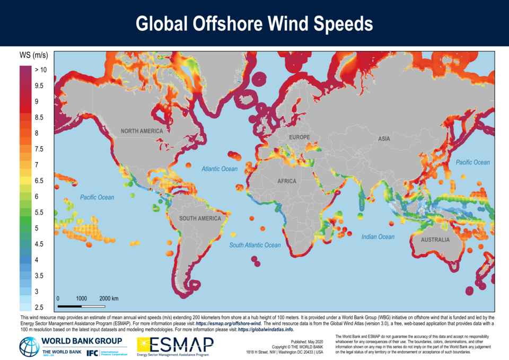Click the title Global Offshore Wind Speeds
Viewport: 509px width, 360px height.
click(254, 24)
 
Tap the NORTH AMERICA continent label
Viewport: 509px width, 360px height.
click(142, 131)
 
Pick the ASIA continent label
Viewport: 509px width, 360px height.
click(384, 138)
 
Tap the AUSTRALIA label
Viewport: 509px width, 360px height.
click(435, 240)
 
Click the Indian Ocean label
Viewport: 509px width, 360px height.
click(378, 236)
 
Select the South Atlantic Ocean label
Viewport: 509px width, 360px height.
click(255, 245)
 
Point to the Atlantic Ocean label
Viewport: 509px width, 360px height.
click(220, 169)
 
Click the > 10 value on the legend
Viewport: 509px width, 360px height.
click(41, 69)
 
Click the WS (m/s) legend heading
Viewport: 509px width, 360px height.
click(33, 55)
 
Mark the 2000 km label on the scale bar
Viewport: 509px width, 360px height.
click(109, 298)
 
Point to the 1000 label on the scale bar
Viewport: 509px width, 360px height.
click(81, 298)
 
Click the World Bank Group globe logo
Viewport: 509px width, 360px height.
click(29, 346)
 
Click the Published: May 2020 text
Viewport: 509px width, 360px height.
click(309, 342)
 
